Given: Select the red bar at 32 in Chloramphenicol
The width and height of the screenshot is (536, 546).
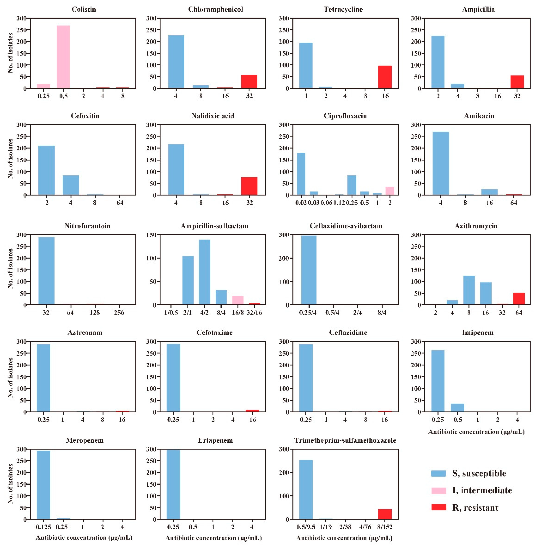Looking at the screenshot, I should [x=249, y=82].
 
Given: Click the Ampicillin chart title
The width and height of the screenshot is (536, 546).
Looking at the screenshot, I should [x=478, y=9].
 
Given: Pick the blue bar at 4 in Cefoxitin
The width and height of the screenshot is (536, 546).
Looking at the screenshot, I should [x=71, y=185].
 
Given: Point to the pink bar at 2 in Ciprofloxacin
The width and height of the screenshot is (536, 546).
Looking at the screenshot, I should [x=390, y=191].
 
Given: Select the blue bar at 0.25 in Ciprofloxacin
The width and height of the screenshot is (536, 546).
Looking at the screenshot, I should [x=352, y=185].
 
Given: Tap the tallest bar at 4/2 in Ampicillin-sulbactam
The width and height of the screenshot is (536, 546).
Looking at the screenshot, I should [x=204, y=272].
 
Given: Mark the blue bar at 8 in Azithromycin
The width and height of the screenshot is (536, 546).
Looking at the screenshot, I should [x=469, y=290].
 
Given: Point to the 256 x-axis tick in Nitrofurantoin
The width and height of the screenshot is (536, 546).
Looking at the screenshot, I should [x=119, y=313].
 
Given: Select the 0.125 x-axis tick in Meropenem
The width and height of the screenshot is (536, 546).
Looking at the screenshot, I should [x=43, y=527].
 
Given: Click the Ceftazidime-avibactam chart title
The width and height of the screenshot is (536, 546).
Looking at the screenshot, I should [x=346, y=226].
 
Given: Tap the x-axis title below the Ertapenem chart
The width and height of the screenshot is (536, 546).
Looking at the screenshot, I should [x=214, y=538].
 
